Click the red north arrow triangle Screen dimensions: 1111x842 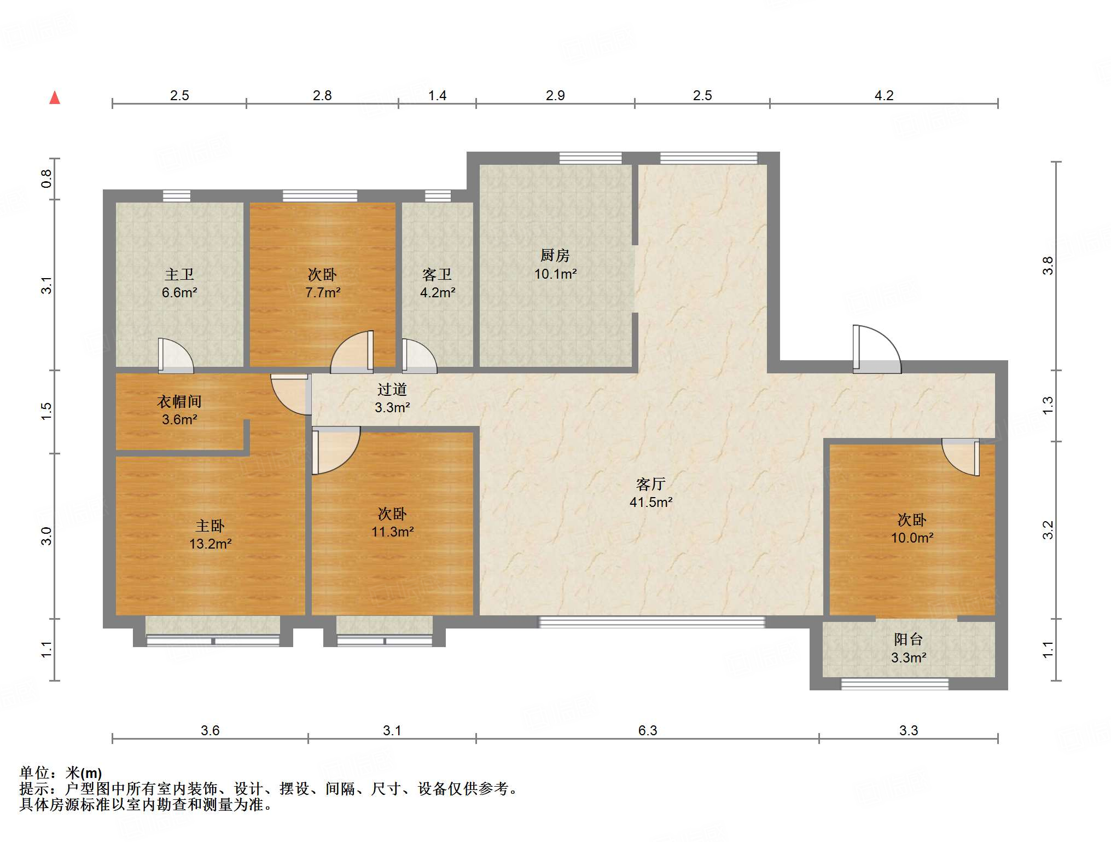(x=55, y=98)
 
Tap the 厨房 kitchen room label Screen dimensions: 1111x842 (x=555, y=255)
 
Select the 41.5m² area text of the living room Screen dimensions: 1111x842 (x=651, y=502)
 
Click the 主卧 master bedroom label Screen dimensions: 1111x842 (x=210, y=526)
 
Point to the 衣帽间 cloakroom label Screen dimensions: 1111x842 (x=179, y=402)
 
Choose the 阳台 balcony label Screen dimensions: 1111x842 (x=909, y=639)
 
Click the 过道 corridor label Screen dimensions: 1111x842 (x=392, y=389)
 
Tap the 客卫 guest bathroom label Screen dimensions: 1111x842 (x=437, y=274)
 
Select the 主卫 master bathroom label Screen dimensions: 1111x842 (x=179, y=274)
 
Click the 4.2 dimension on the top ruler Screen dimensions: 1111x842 (x=884, y=96)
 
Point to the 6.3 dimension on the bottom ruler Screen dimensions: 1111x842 (x=648, y=730)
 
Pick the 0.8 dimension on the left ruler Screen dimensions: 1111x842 (x=46, y=178)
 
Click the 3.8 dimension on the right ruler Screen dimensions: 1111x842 (x=1048, y=266)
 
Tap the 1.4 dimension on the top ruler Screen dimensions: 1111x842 (x=437, y=96)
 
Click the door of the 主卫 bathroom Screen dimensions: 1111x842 (x=176, y=356)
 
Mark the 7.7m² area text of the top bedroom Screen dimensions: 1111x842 (x=323, y=292)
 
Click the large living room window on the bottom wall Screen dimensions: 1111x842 (x=652, y=621)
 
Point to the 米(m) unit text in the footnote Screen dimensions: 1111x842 (x=84, y=773)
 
